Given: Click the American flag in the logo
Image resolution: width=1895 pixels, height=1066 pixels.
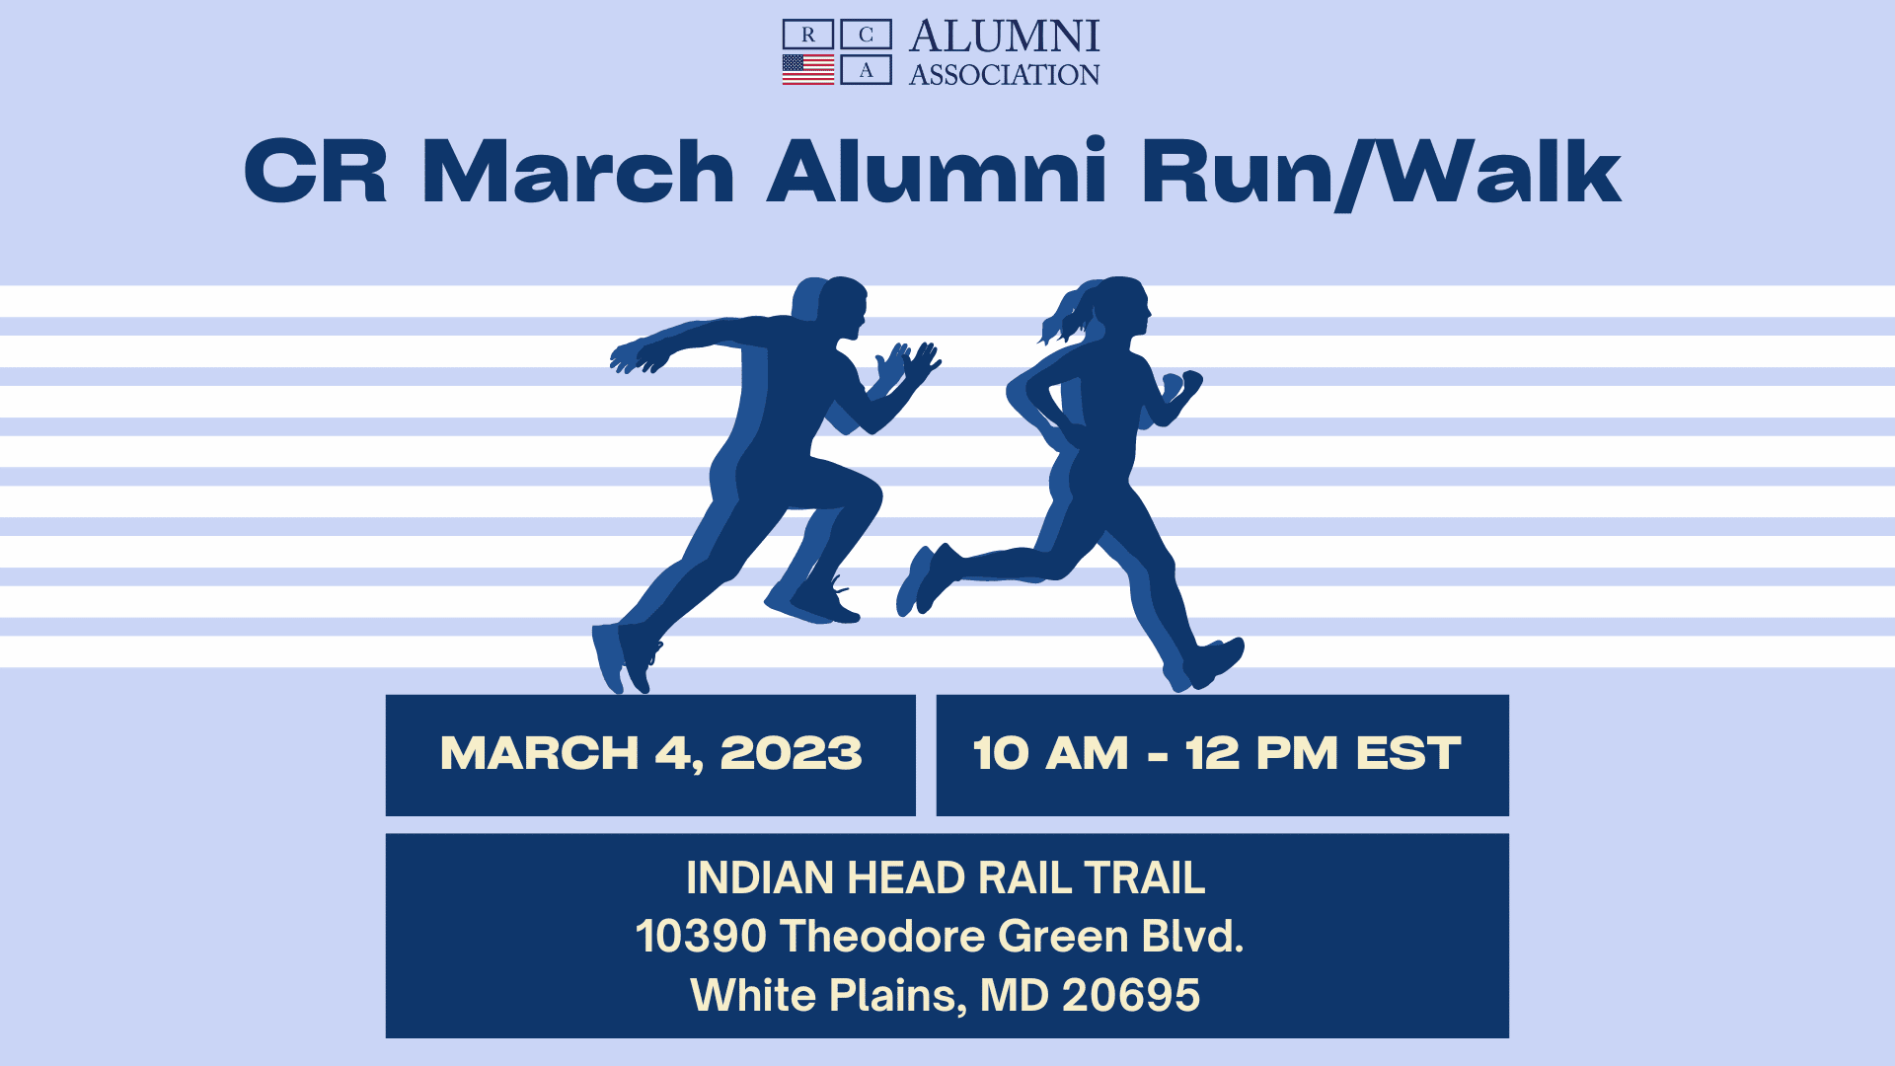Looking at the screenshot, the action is [x=808, y=69].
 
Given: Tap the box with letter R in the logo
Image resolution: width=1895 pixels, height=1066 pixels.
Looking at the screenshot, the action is [x=808, y=35].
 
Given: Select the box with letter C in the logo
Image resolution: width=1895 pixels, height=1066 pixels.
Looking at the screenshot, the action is [x=866, y=35].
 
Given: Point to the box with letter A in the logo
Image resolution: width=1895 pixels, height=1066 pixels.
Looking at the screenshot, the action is [x=866, y=69].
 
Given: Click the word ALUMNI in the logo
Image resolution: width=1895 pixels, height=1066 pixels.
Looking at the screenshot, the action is [x=1004, y=37].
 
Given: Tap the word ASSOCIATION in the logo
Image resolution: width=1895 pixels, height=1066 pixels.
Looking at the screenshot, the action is [x=1004, y=75].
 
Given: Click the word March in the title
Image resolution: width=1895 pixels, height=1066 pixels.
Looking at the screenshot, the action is [x=578, y=172].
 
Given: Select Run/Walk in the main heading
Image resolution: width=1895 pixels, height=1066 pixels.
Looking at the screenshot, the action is [x=1381, y=173].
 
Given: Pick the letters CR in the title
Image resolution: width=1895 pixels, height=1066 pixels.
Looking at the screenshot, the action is [x=316, y=172].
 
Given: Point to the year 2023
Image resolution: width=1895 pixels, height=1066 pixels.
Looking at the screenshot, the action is [x=791, y=754].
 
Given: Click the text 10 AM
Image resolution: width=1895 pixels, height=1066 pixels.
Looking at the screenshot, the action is [x=1050, y=754].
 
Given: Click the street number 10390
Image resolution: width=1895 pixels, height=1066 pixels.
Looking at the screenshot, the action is [x=701, y=936].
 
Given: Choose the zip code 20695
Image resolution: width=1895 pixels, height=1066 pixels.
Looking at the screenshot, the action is [x=1131, y=995].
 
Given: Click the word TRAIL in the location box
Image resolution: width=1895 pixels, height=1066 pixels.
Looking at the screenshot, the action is [x=1144, y=877].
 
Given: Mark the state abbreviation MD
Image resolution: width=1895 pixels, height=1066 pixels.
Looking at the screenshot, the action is [x=1014, y=995].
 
